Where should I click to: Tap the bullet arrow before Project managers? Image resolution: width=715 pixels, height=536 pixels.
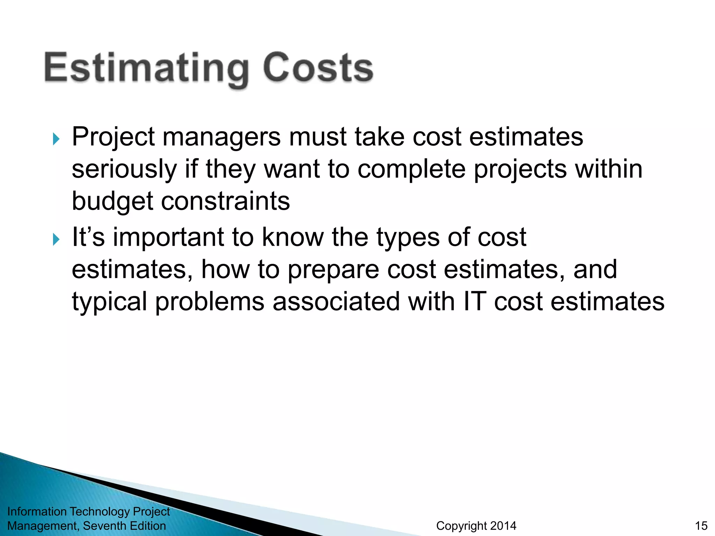pyautogui.click(x=56, y=139)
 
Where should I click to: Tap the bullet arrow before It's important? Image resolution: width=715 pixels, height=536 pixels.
pyautogui.click(x=56, y=239)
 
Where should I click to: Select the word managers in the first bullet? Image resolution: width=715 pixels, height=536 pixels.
pyautogui.click(x=221, y=137)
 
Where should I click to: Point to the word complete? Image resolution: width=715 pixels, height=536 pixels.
pyautogui.click(x=411, y=170)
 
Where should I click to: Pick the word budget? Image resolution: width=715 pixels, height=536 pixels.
pyautogui.click(x=112, y=202)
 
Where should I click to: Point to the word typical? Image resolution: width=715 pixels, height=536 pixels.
pyautogui.click(x=109, y=302)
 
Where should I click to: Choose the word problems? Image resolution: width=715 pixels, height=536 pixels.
pyautogui.click(x=209, y=302)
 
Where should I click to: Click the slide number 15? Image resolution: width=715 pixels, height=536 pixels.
pyautogui.click(x=701, y=526)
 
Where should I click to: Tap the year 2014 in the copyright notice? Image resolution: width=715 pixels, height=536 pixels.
pyautogui.click(x=503, y=526)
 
